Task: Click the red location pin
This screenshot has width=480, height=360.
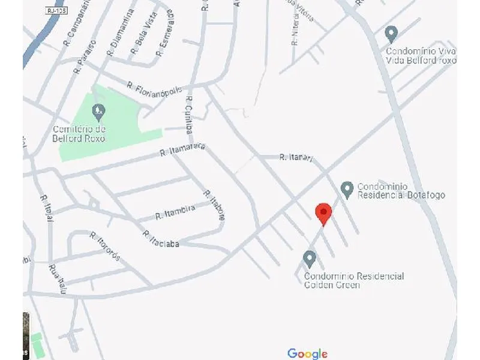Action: pos(323,212)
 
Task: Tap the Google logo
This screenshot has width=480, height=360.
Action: pos(307,353)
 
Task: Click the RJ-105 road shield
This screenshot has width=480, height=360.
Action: pos(56,11)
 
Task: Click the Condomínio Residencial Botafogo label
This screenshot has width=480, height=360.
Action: pos(401,191)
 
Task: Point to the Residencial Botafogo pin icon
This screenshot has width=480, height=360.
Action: pos(347,190)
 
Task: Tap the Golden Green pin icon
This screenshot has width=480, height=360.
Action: pos(310,259)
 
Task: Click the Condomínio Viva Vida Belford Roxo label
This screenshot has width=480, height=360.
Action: pos(421,56)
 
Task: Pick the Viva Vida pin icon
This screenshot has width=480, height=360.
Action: pos(391,33)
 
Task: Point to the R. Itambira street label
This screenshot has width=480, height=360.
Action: pos(175,211)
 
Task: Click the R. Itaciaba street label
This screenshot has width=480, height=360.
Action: pos(161,239)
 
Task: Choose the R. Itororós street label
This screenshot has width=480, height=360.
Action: pos(106,246)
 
